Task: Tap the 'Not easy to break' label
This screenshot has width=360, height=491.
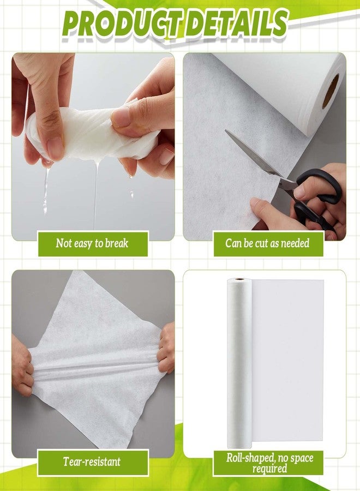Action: coord(93,243)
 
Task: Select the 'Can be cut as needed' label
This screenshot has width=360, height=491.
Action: coord(267,243)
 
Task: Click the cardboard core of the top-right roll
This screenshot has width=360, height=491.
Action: coord(330,90)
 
